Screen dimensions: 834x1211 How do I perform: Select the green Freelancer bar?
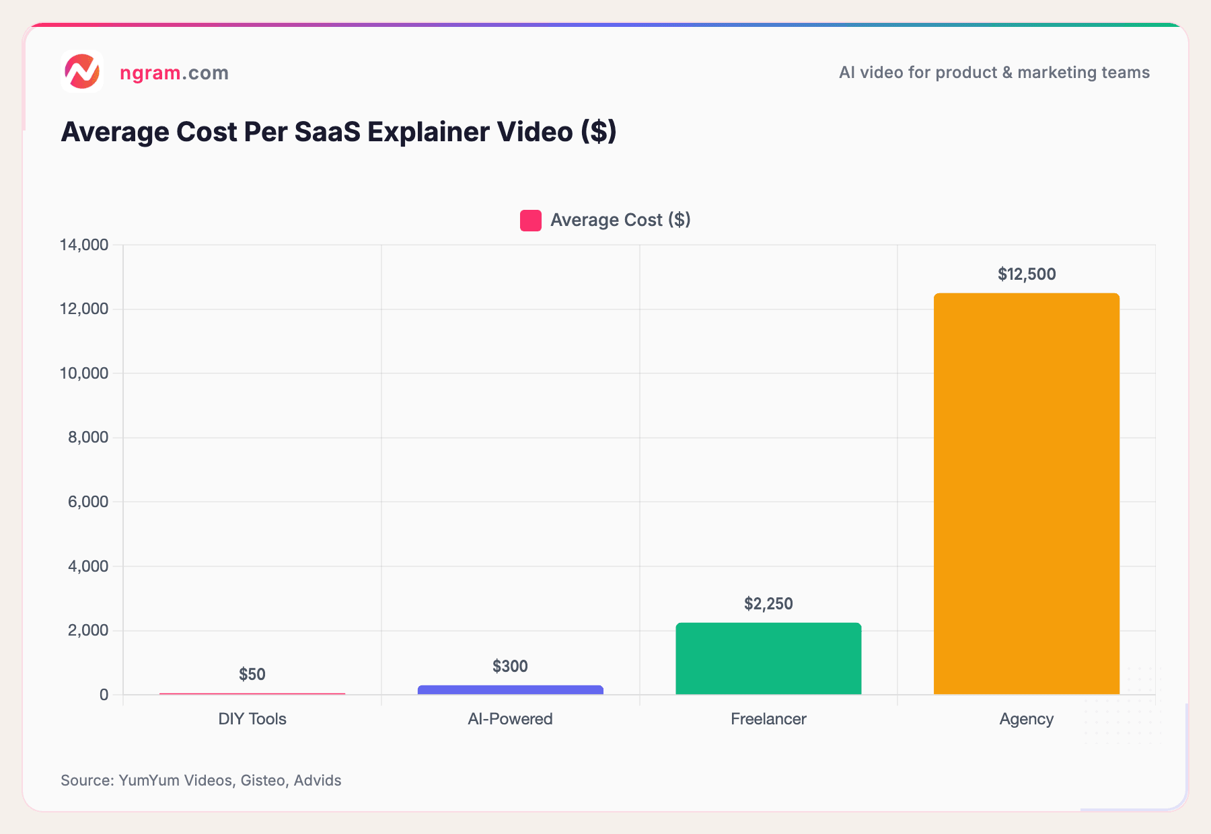coord(768,658)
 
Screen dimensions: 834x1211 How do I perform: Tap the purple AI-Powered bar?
coord(510,689)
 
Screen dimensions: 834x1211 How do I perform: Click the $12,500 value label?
coord(1026,274)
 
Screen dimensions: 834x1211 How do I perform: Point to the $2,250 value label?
coord(768,604)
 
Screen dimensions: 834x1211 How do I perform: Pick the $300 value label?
coord(510,667)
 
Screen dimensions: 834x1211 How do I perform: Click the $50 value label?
coord(252,675)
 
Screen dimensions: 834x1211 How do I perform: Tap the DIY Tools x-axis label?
coord(252,719)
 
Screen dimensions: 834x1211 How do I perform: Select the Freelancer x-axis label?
coord(768,719)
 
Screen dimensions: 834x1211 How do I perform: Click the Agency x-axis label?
coord(1026,719)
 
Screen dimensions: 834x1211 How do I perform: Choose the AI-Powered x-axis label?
coord(510,719)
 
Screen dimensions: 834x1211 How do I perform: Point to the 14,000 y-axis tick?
coord(84,245)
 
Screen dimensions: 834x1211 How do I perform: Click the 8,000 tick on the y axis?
coord(88,438)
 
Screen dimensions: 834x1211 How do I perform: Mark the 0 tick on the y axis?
coord(104,695)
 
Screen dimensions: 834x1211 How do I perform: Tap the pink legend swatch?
coord(531,221)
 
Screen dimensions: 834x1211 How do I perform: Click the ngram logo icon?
coord(81,71)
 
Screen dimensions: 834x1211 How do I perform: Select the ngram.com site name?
coord(174,73)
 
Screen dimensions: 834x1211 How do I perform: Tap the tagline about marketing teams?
coord(994,73)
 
